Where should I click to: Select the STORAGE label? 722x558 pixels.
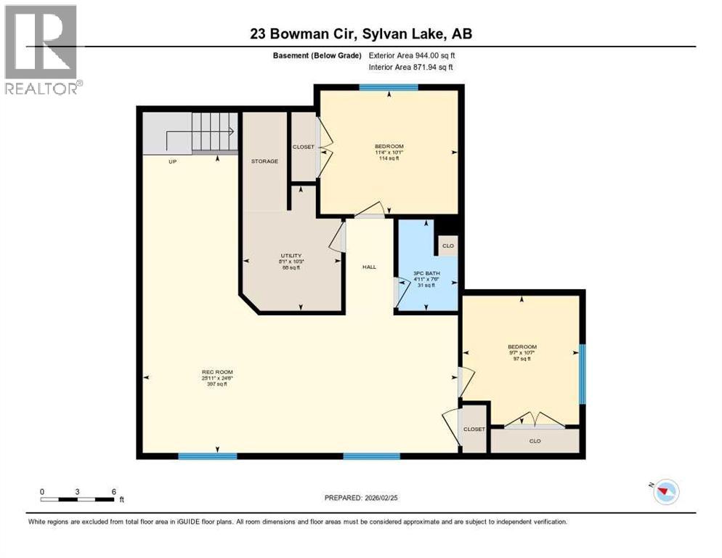264,161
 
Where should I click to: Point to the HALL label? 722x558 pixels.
369,267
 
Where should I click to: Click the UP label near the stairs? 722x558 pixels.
172,161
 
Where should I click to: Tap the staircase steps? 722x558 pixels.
214,132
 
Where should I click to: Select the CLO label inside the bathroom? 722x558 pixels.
447,246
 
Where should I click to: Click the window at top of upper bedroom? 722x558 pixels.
388,88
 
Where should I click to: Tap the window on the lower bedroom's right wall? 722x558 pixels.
582,373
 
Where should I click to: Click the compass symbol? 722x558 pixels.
665,492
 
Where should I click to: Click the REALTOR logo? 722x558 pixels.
42,49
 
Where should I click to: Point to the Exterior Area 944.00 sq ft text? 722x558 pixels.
412,55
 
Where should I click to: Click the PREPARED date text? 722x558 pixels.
361,498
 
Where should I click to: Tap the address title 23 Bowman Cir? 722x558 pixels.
361,33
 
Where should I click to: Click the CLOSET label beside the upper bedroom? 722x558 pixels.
304,147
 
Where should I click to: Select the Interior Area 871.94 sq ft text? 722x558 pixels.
411,67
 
